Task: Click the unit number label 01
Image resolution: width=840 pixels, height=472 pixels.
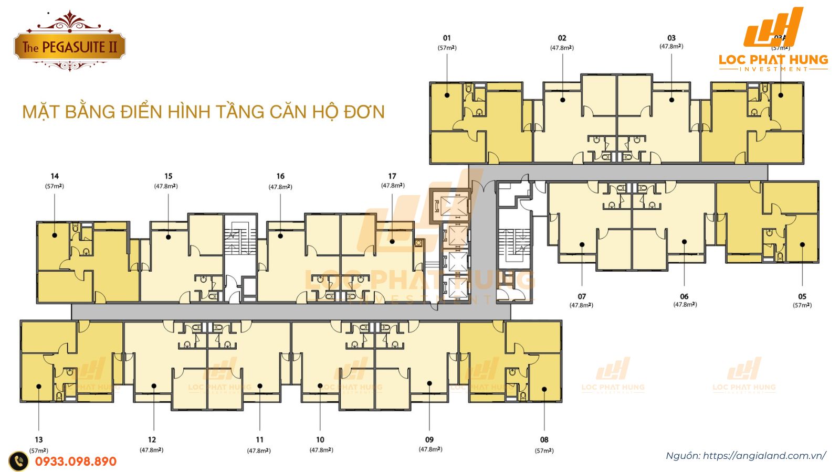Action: pos(447,38)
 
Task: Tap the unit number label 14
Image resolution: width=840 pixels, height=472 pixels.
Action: pos(55,176)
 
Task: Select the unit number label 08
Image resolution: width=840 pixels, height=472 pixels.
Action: pos(544,439)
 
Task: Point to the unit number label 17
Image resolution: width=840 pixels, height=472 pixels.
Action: pos(392,176)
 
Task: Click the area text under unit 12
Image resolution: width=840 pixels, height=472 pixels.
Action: pos(151,450)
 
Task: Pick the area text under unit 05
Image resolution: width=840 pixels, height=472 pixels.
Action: pos(802,305)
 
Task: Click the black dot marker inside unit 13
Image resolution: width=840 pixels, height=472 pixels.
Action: pos(39,387)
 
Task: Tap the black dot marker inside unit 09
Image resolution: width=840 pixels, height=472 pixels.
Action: pos(429,383)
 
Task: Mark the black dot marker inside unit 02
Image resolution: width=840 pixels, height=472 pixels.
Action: pos(562,99)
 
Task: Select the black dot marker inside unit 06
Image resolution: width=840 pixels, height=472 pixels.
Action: pos(685,242)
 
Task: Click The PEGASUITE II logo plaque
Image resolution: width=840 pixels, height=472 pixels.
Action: pos(69,47)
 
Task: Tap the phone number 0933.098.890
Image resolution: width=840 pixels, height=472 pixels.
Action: pos(76,462)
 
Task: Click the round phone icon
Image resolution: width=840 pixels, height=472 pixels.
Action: pos(19,462)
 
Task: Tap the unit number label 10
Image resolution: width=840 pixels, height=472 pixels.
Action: pos(320,439)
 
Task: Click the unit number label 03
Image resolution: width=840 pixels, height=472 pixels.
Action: pos(671,38)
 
